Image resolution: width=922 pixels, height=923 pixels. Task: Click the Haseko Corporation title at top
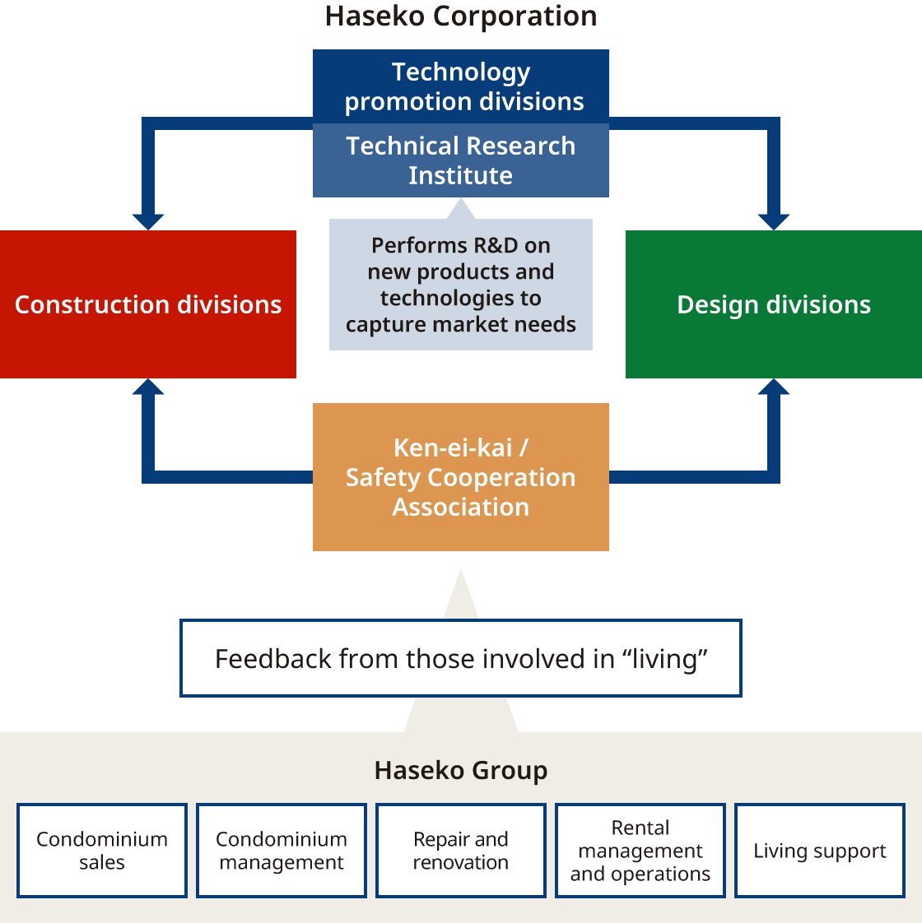tap(461, 16)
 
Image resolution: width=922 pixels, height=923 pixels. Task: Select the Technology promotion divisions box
tap(461, 86)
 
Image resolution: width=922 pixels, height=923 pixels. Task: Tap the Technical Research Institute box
tap(461, 160)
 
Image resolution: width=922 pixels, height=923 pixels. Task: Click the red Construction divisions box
tap(148, 304)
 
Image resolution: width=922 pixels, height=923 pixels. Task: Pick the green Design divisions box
tap(774, 304)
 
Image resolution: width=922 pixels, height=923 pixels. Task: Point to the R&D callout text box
tap(461, 285)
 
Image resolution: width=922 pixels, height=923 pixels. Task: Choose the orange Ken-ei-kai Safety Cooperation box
tap(461, 477)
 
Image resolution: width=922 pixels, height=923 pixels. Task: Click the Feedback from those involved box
tap(461, 658)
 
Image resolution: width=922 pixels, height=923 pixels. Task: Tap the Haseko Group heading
tap(461, 771)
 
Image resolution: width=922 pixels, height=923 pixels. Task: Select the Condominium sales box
tap(102, 851)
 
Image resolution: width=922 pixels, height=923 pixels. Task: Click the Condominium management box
tap(282, 851)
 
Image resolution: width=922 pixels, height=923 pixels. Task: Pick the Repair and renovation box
tap(461, 851)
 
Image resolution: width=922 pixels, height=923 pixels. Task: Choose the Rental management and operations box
tap(640, 851)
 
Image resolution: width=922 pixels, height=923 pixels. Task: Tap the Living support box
tap(820, 851)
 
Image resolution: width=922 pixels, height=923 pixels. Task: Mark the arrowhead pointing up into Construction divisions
tap(148, 387)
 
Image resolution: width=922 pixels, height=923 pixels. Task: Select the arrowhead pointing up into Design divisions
tap(774, 387)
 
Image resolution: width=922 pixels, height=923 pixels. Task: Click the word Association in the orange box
tap(461, 507)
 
